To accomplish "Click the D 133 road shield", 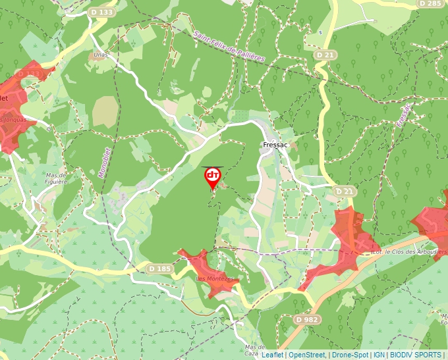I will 102,12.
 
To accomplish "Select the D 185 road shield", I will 159,269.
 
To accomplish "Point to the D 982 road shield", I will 307,319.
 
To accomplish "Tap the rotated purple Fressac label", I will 404,115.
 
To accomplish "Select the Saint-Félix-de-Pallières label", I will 229,46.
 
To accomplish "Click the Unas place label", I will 100,55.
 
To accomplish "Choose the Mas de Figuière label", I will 57,179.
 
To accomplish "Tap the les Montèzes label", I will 216,279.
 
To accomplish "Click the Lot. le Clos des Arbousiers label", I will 409,251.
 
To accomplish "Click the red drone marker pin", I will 213,176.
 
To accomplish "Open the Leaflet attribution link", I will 273,355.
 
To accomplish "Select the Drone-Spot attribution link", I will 350,355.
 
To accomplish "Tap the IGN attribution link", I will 379,355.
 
